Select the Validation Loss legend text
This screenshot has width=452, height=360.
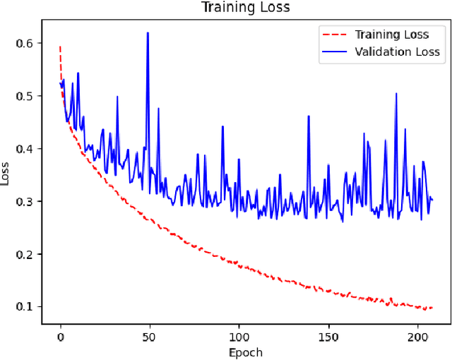397,52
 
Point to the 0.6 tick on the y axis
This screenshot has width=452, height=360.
25,43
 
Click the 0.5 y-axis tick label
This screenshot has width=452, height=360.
25,96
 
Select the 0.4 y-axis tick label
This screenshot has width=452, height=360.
25,149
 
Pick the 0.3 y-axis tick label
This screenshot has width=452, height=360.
25,201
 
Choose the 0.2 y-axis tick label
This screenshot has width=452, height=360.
25,254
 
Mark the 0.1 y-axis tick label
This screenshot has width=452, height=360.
25,306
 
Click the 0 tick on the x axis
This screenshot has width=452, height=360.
60,336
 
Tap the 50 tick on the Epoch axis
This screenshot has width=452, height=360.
149,336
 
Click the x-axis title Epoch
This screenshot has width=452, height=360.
245,352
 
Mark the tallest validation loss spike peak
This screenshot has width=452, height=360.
148,32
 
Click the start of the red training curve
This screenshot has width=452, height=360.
60,47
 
